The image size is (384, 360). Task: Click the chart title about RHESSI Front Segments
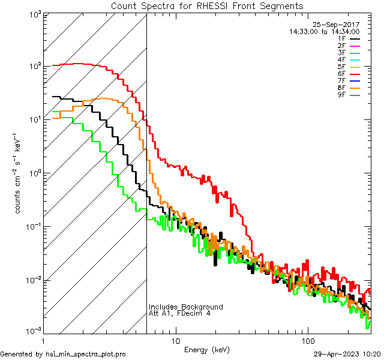pyautogui.click(x=207, y=5)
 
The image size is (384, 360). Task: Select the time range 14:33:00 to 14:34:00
pyautogui.click(x=324, y=31)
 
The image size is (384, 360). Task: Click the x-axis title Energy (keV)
pyautogui.click(x=207, y=349)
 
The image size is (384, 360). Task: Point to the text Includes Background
pyautogui.click(x=186, y=307)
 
